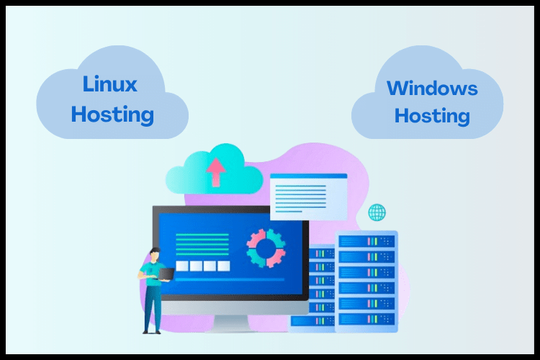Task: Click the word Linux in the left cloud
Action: (x=109, y=85)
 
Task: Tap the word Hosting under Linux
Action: (x=112, y=114)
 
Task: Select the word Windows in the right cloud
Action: (x=432, y=89)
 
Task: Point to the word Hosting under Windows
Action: (x=432, y=115)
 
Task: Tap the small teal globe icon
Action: (x=377, y=212)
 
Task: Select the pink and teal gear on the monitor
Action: (x=266, y=248)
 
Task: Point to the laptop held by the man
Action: (x=165, y=274)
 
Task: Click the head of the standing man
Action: (x=153, y=253)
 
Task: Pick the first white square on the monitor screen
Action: (x=182, y=266)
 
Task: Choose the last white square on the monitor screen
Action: (x=223, y=266)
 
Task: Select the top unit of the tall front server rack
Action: (x=366, y=241)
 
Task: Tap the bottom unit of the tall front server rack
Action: (x=366, y=318)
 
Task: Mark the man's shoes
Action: (x=150, y=330)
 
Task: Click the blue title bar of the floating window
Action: (x=308, y=176)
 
